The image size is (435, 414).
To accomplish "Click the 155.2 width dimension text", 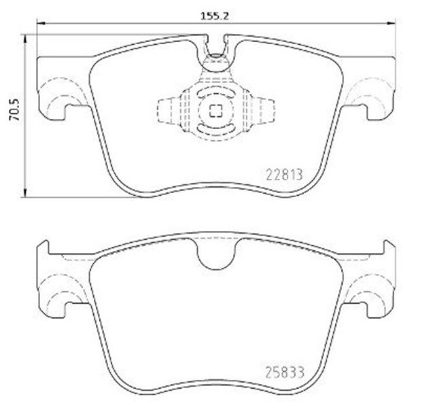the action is [x=215, y=16].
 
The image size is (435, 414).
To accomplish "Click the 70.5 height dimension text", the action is [x=14, y=110].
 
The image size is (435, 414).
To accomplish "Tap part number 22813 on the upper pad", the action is [x=284, y=175].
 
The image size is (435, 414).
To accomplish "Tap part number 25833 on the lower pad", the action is [x=285, y=372].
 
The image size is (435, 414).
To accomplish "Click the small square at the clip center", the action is [x=215, y=111].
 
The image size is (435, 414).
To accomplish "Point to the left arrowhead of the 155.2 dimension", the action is [x=41, y=23].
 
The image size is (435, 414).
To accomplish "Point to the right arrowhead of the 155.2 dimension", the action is [x=391, y=23].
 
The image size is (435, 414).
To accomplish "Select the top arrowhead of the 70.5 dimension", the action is [x=25, y=39].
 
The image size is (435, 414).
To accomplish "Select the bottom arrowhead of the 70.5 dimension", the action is [x=25, y=193].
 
